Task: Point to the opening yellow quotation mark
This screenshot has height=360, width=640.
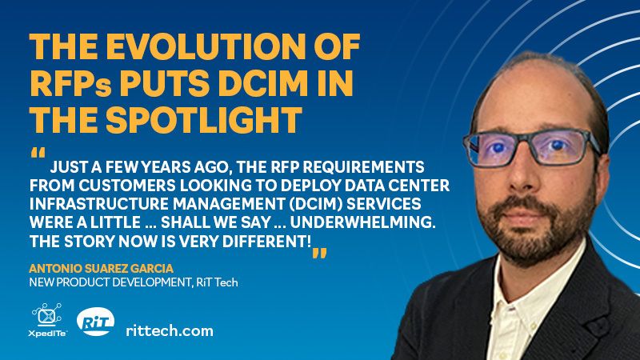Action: tap(38, 153)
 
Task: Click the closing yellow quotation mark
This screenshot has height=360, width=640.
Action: tap(319, 253)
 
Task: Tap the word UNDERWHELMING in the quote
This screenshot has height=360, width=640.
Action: tap(363, 222)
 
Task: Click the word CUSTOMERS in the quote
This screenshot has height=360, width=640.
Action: tap(127, 186)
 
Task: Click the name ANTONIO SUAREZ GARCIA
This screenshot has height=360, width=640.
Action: tap(102, 269)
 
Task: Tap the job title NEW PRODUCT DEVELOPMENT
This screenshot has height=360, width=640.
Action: tap(110, 282)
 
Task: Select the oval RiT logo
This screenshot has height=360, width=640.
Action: tap(95, 322)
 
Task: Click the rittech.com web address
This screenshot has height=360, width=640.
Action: tap(170, 330)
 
